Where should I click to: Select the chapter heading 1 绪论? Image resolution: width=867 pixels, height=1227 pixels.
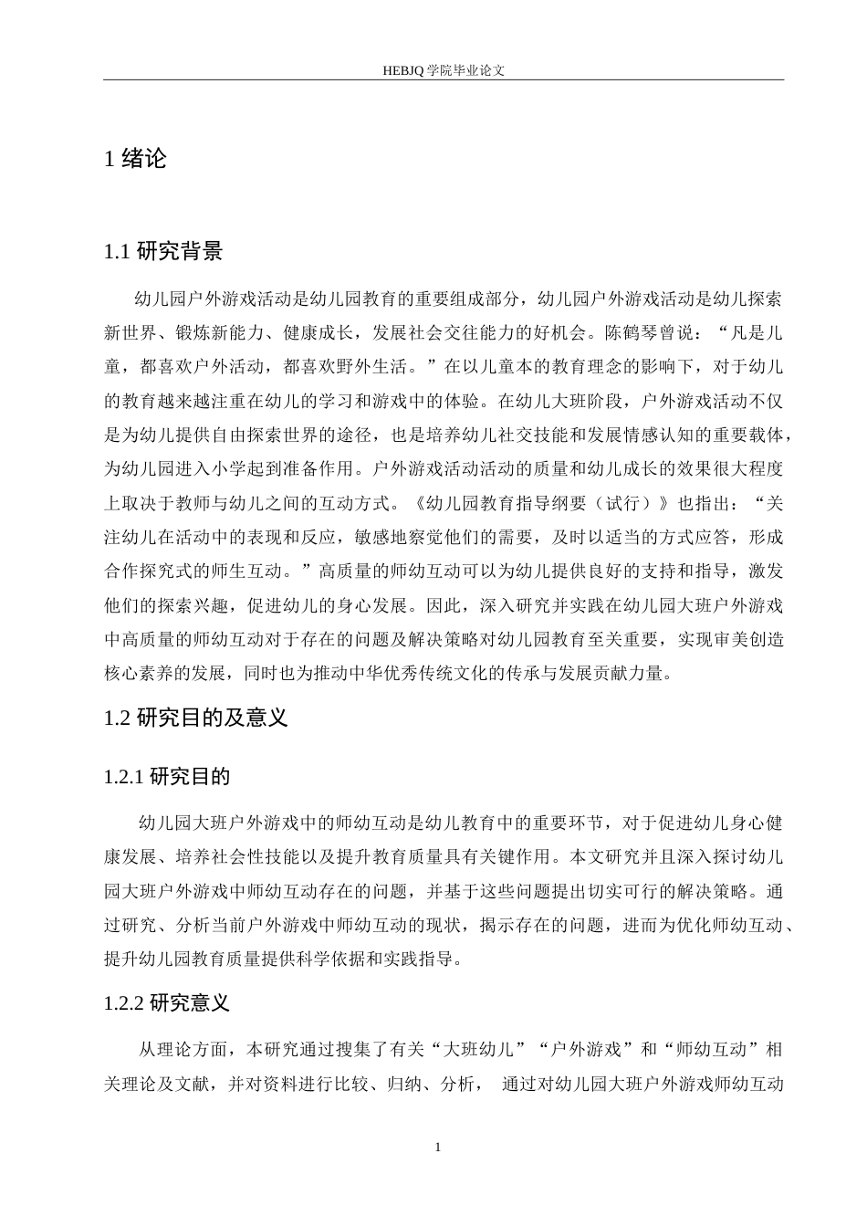click(x=136, y=159)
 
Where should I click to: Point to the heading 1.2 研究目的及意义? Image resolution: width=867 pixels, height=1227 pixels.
click(x=196, y=718)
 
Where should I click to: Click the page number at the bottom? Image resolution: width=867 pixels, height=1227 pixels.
click(x=438, y=1147)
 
